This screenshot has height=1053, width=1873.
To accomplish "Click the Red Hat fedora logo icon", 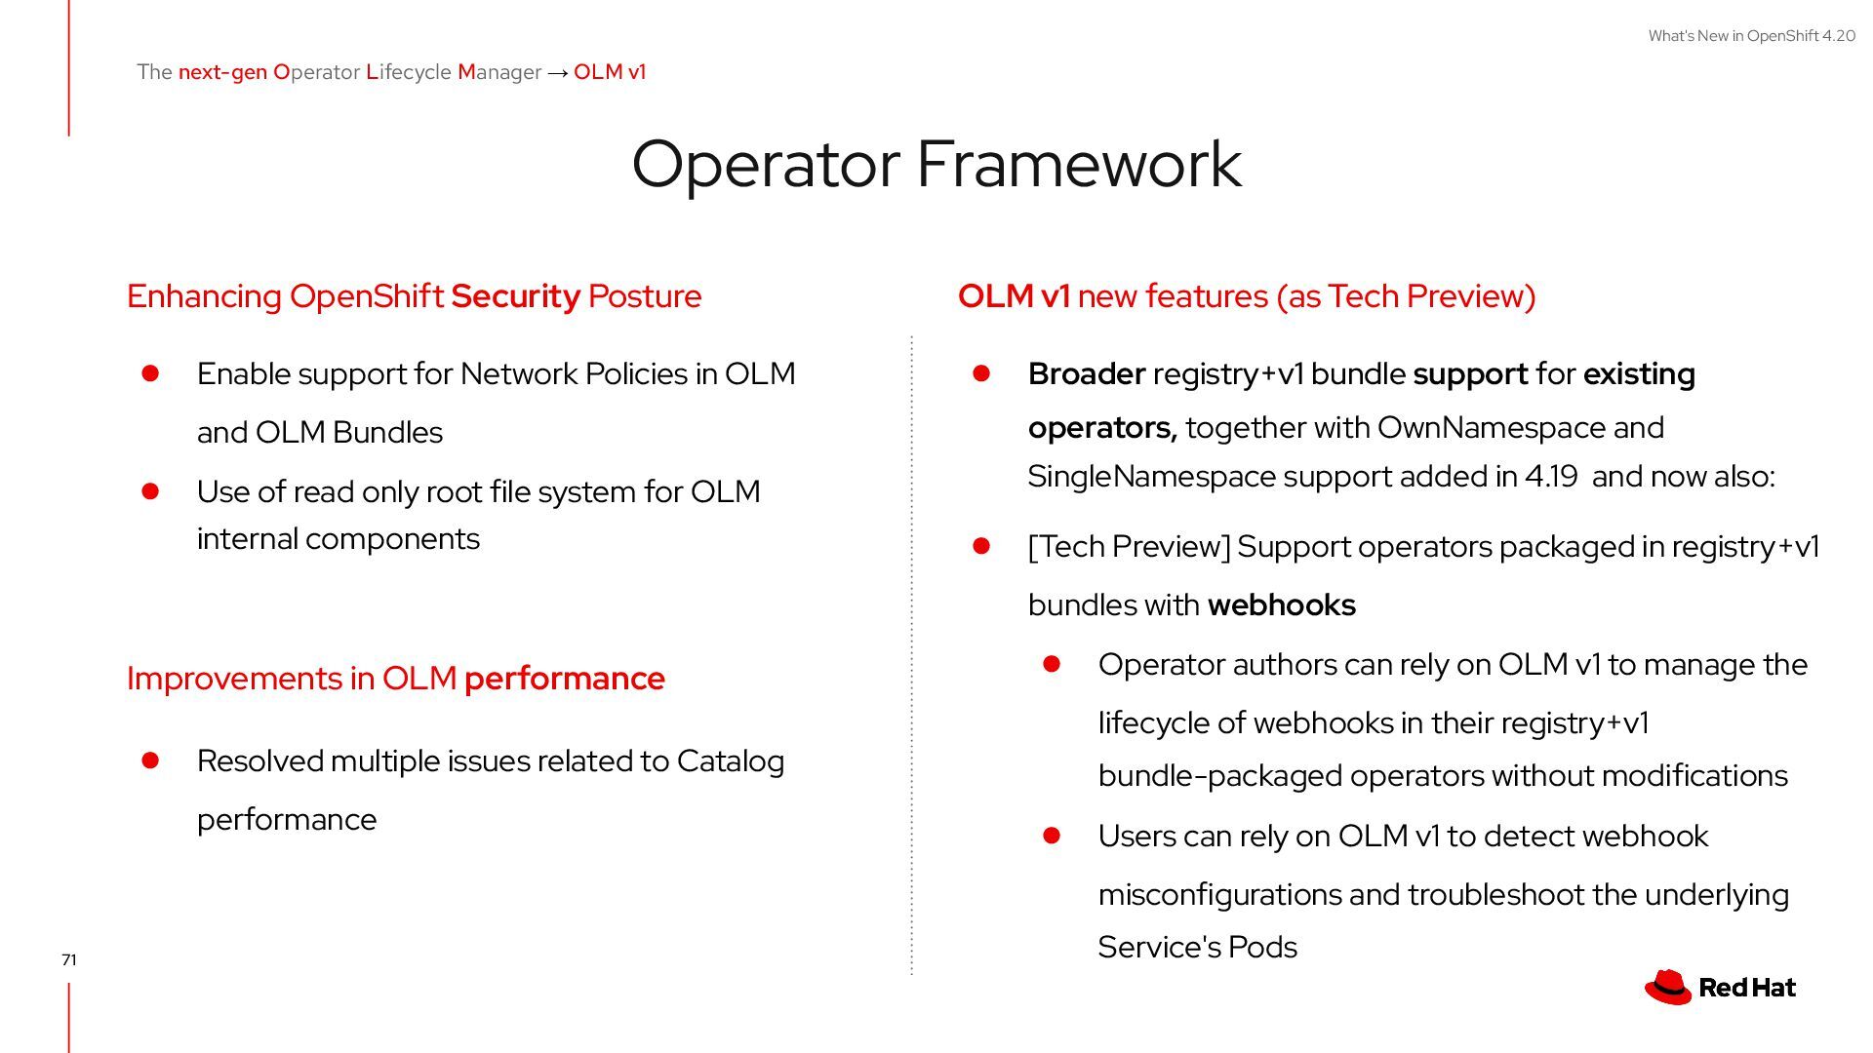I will tap(1667, 987).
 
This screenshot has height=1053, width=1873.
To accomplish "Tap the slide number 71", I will tap(68, 959).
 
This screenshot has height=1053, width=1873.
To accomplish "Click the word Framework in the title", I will tap(1079, 164).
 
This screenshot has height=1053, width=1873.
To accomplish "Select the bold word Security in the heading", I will tap(515, 295).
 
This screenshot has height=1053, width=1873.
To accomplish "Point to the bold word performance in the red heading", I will tap(564, 678).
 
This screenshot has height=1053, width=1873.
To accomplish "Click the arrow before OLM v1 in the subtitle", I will tap(557, 72).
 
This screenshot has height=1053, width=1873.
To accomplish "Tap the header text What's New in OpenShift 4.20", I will tap(1751, 36).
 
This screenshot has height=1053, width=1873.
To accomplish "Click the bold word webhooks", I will tap(1281, 604).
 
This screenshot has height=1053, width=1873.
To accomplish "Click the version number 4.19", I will tap(1550, 476).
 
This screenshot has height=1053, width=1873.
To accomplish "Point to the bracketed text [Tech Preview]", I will tap(1129, 546).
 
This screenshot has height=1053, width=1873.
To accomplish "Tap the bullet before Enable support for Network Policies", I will tap(150, 373).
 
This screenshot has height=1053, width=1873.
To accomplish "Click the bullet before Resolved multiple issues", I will tap(150, 760).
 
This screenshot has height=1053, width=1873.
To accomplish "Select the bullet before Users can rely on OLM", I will tap(1052, 836).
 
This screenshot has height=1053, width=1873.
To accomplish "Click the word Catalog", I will tap(730, 760).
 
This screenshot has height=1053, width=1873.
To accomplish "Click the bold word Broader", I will tap(1086, 373).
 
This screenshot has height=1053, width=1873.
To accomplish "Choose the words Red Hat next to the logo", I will tap(1746, 988).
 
